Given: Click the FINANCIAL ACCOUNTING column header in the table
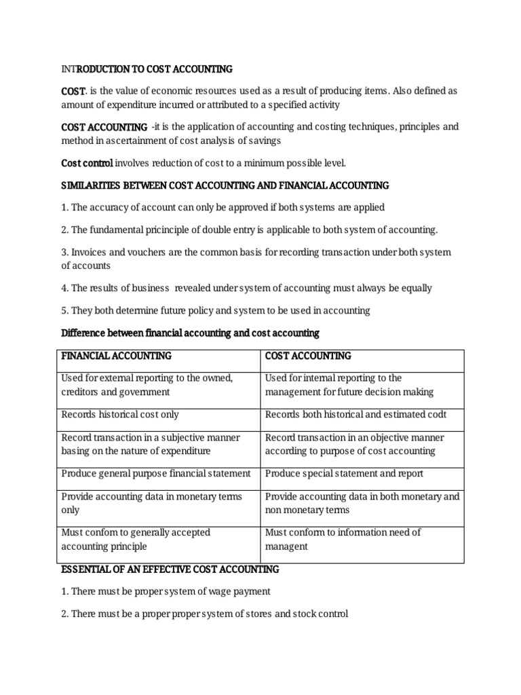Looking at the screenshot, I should pyautogui.click(x=116, y=356).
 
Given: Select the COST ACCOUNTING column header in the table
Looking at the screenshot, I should pyautogui.click(x=308, y=356).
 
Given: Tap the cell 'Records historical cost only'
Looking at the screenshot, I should pyautogui.click(x=120, y=414).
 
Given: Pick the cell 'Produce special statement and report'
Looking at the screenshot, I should pyautogui.click(x=344, y=473).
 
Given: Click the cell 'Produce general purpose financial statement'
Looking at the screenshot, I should pyautogui.click(x=156, y=473).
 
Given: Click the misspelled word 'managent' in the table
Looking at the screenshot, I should pyautogui.click(x=286, y=546).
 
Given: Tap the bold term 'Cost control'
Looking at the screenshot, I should pyautogui.click(x=88, y=163).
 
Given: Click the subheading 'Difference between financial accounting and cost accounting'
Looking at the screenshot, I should pyautogui.click(x=190, y=333).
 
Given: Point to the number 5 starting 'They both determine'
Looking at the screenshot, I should pyautogui.click(x=64, y=311).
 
